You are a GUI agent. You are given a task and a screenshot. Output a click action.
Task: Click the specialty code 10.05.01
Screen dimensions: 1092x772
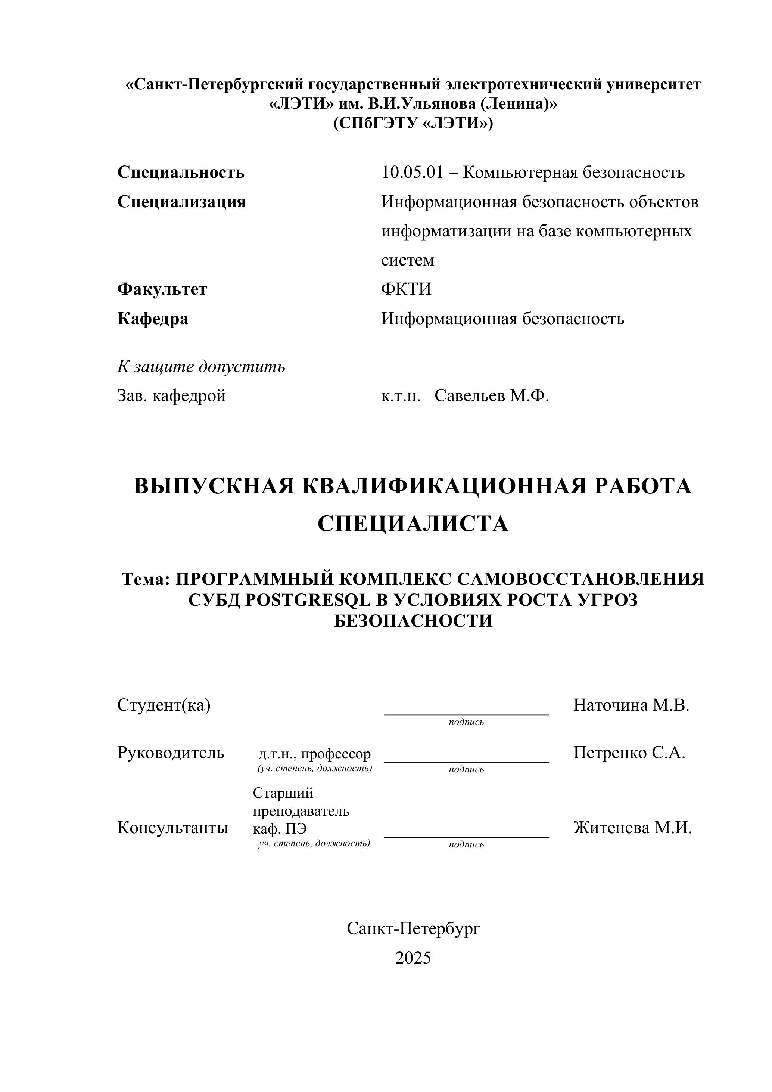tap(412, 172)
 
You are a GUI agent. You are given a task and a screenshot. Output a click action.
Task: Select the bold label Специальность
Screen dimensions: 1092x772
tap(181, 172)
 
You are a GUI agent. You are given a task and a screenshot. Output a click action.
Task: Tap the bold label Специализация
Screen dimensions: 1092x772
tap(181, 202)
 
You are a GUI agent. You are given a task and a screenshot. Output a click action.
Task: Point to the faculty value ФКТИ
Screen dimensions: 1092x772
tap(406, 289)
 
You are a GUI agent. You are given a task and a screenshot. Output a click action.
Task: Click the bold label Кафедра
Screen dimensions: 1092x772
tap(153, 318)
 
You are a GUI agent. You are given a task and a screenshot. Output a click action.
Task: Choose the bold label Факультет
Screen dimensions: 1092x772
tap(162, 289)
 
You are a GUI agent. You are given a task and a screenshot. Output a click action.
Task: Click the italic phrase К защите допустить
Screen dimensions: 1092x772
tap(201, 366)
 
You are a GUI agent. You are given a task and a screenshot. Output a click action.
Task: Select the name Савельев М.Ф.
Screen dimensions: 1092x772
tap(492, 395)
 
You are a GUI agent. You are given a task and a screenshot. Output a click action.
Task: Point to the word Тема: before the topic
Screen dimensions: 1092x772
tap(146, 579)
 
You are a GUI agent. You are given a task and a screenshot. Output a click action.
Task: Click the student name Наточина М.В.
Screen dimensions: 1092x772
tap(631, 705)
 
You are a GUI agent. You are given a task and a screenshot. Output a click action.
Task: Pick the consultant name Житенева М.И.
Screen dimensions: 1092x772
tap(632, 828)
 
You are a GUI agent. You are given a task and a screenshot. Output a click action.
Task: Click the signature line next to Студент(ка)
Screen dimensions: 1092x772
tap(466, 713)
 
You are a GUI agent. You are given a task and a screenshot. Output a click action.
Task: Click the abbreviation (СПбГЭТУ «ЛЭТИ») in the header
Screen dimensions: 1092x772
tap(413, 123)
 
